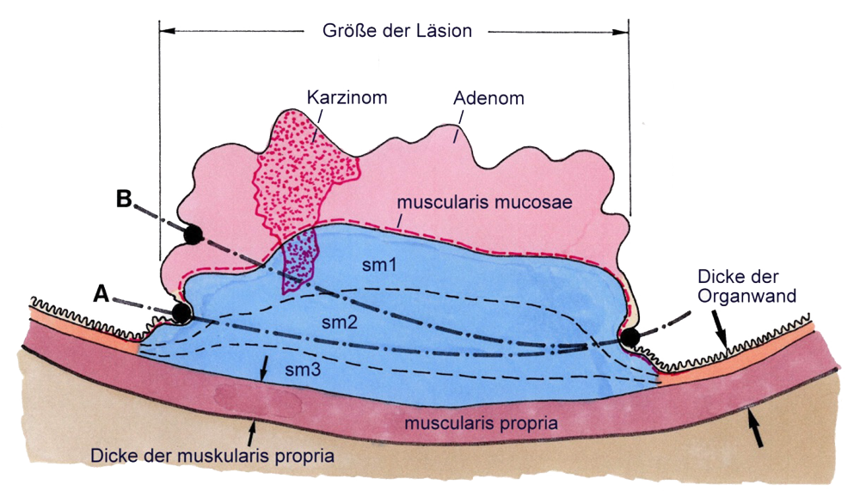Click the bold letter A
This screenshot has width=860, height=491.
point(101,295)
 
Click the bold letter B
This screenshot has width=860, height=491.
point(125,198)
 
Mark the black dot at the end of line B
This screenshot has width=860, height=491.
point(193,233)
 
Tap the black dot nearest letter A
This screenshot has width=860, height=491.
point(181,312)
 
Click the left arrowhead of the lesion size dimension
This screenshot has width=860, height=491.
point(166,31)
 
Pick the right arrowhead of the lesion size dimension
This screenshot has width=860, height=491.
point(623,31)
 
